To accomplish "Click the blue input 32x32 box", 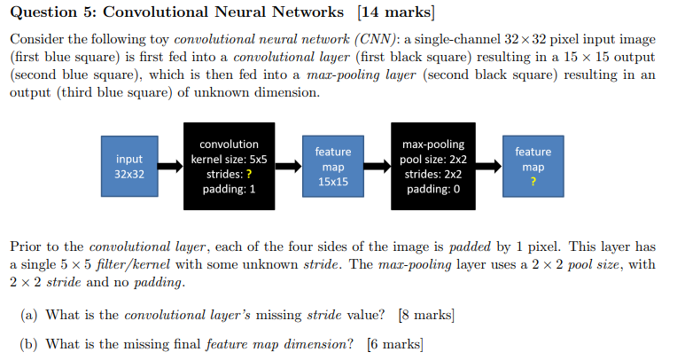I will coord(129,167).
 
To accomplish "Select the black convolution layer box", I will coord(230,167).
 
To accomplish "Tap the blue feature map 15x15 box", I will coord(332,167).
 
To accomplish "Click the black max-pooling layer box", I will coord(433,167).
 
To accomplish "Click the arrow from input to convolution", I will coord(172,167).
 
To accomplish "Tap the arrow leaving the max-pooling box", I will coord(488,167).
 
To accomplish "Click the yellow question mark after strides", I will coord(248,175).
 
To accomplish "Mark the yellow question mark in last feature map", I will coord(533,182).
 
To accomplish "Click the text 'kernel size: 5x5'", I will coord(230,160).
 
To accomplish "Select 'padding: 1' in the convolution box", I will coord(230,190).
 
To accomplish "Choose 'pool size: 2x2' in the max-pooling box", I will coord(433,160).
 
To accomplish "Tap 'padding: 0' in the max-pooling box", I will coord(433,190).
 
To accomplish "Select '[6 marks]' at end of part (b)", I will coord(394,344).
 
